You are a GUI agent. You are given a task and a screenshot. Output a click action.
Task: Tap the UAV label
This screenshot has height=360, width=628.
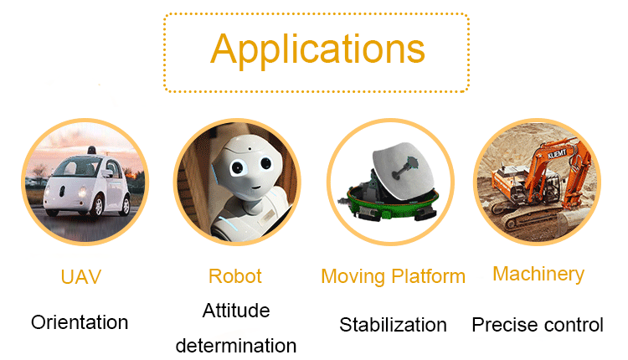click(81, 277)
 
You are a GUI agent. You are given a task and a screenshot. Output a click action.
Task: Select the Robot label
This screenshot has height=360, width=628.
click(235, 276)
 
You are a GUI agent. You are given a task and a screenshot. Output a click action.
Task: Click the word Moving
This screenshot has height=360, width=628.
click(353, 277)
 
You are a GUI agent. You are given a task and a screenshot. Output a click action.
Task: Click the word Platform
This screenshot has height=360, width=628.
click(428, 276)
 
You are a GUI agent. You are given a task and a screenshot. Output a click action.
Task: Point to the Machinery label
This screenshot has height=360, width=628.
click(538, 275)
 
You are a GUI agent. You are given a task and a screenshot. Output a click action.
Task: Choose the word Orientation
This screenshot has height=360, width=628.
click(80, 323)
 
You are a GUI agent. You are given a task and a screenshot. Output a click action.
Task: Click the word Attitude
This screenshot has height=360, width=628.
click(236, 311)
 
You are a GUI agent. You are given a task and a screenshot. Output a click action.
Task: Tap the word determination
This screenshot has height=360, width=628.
click(236, 346)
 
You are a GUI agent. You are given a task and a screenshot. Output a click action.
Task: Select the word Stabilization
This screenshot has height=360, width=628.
click(393, 325)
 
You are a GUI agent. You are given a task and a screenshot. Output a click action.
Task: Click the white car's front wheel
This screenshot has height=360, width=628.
click(97, 205)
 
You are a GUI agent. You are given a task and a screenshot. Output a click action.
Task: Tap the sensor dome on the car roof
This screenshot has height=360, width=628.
click(92, 150)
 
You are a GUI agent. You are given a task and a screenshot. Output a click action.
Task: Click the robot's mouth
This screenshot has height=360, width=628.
click(255, 187)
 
